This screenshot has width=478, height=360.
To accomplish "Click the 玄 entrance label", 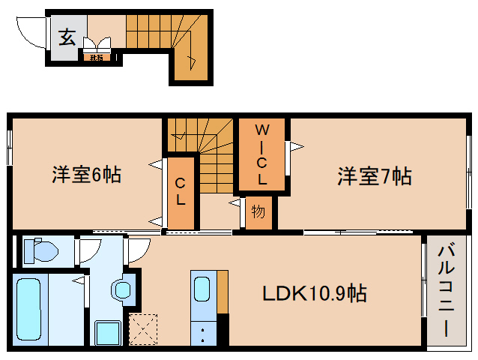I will coord(67,37).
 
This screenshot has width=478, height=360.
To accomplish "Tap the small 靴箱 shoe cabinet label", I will coord(97,56).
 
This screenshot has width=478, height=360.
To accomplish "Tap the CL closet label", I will coord(181,193).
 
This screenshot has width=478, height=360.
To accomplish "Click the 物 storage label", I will coord(258,212).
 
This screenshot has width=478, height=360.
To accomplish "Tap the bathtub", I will coord(31,309).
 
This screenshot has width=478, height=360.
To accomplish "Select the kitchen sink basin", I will coord(202,289).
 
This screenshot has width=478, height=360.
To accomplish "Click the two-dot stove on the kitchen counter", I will coord(202,332).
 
